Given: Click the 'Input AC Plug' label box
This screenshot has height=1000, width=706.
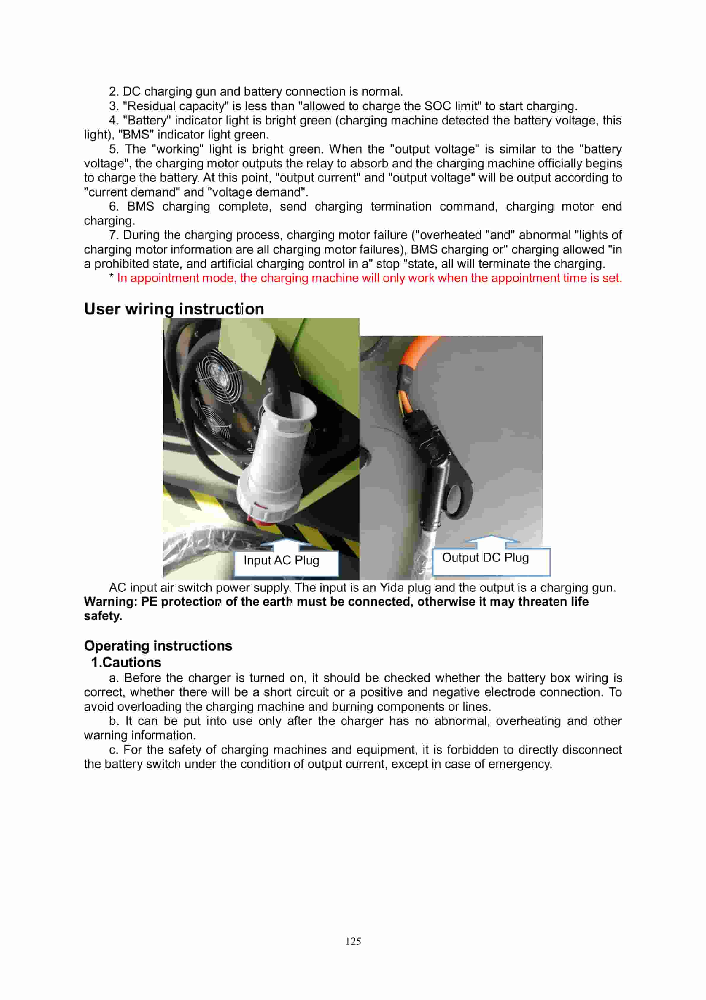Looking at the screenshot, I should [x=286, y=563].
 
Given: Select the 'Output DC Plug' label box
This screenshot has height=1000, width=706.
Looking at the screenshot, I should [x=491, y=561].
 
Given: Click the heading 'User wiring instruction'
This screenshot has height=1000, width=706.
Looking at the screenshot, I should [x=174, y=309].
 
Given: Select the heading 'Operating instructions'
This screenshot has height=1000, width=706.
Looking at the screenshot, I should [x=158, y=645].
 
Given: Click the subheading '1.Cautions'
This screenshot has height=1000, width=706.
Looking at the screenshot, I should [x=126, y=662].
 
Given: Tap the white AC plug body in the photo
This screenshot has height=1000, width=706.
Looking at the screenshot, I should [x=276, y=457].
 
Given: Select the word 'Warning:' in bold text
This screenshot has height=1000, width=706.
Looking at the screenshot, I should [x=111, y=602].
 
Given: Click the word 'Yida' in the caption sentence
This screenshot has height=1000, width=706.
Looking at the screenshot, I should [x=392, y=588].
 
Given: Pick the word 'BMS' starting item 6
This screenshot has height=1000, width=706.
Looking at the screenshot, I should [x=141, y=206].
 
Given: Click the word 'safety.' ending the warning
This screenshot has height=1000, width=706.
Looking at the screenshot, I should [x=103, y=616].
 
